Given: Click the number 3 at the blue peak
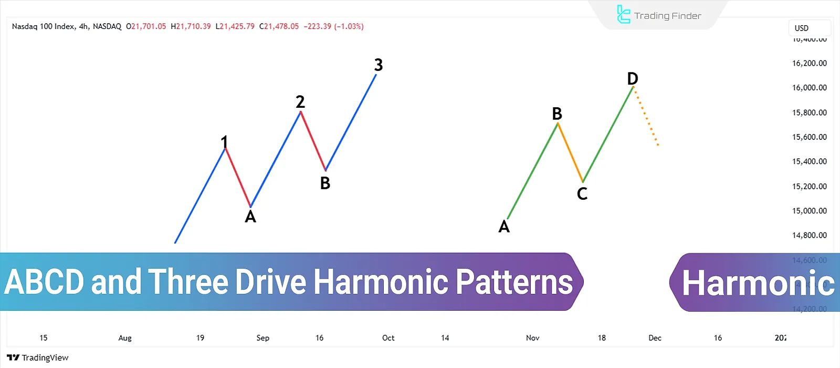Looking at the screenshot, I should point(379,65).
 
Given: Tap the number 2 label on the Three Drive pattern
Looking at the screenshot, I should point(300,101).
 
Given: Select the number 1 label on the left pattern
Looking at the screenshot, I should point(224,142).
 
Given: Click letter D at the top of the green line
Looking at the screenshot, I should point(633,79).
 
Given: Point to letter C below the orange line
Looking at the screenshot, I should point(582,194).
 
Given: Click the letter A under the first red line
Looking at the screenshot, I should point(250,217).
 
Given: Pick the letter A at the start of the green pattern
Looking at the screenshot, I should point(504,227).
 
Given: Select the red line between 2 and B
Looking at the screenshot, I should point(313,141).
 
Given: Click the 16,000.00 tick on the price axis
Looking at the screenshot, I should point(809,88).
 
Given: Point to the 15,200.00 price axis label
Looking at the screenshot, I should point(809,186).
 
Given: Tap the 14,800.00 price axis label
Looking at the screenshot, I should point(809,236).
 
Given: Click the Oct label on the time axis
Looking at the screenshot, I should point(388,338).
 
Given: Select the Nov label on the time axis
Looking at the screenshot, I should point(532,338).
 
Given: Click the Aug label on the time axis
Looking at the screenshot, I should point(125,338).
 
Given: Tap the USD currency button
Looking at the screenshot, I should point(809,28).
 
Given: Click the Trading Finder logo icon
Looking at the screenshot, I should point(623,15).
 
